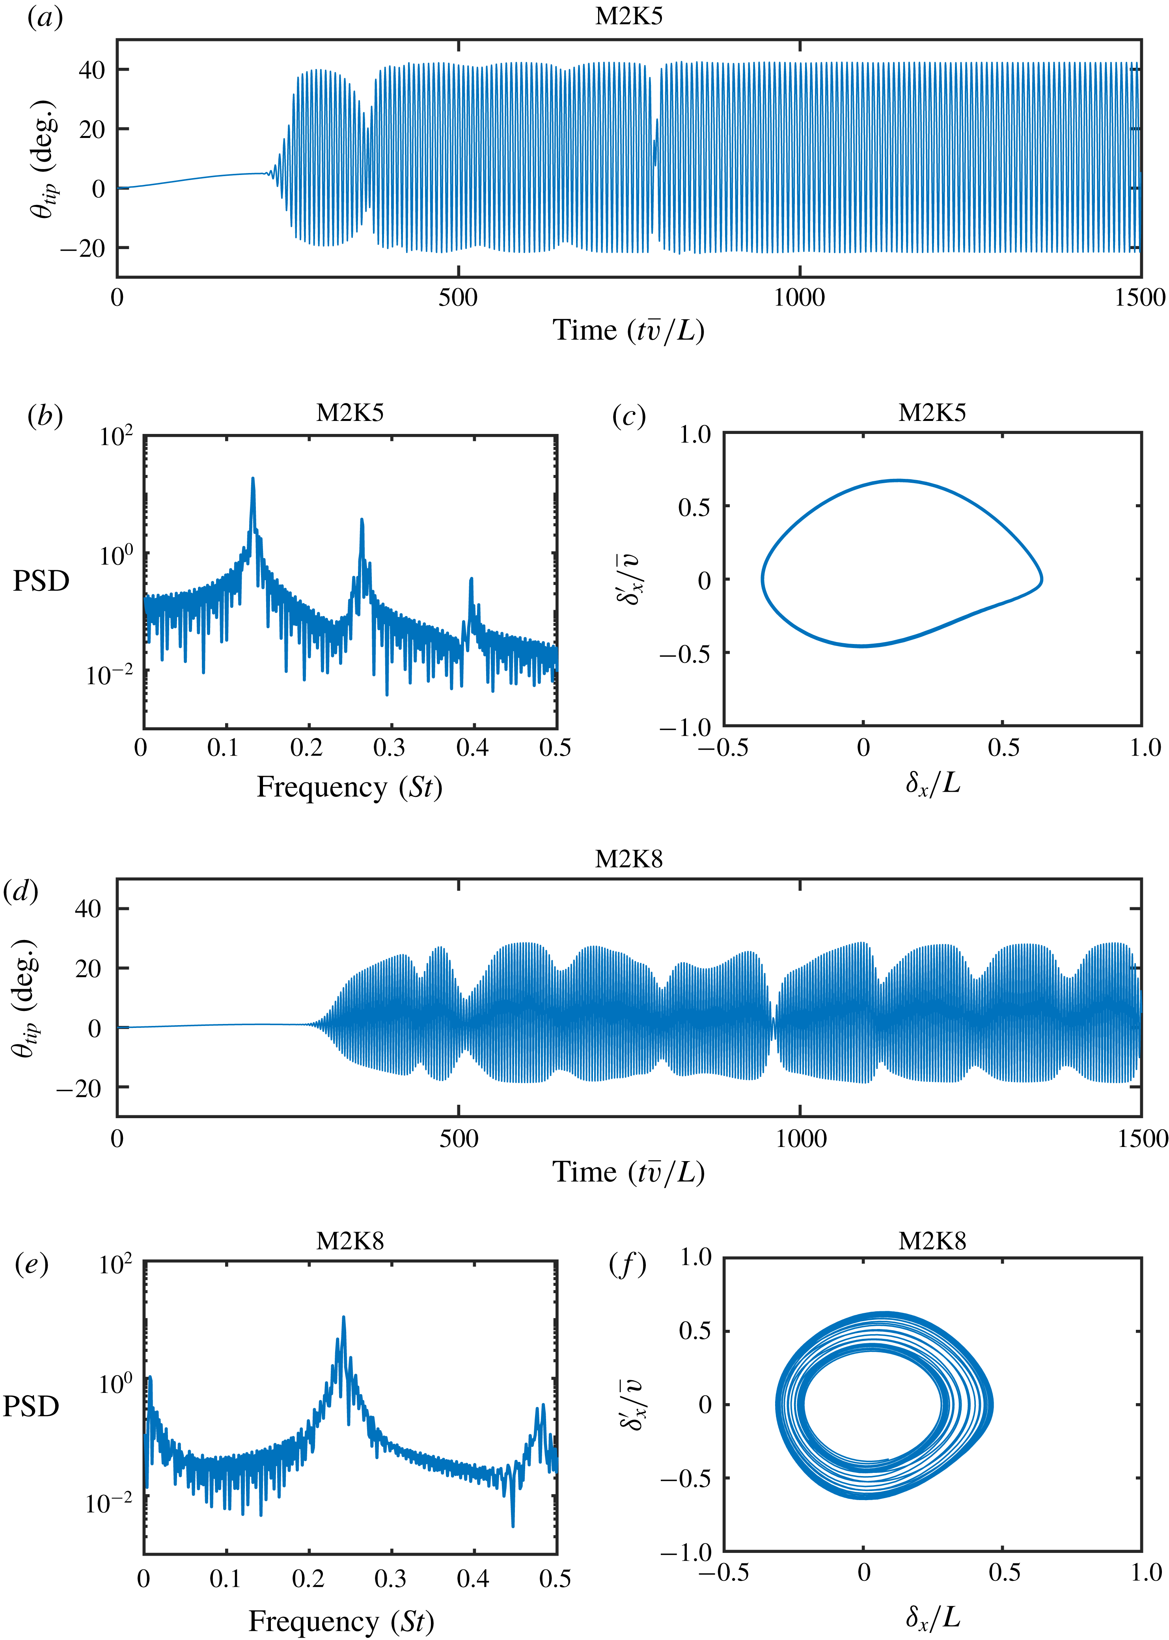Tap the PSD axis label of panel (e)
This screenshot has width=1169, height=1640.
point(31,1406)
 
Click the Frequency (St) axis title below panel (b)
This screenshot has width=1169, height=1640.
point(349,787)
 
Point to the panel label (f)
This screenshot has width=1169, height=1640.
point(628,1264)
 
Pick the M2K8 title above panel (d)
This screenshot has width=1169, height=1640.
point(628,859)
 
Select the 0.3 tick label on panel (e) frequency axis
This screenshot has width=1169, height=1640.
point(390,1579)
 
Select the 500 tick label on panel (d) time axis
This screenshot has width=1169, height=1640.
point(459,1138)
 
